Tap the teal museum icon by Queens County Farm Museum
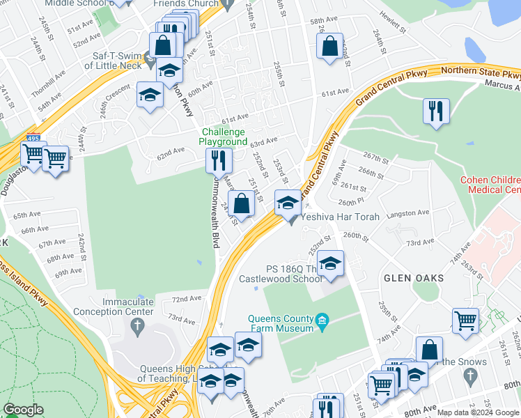pos(321,320)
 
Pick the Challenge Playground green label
pos(224,137)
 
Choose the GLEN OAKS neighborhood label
pos(413,278)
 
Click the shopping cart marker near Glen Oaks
pos(465,322)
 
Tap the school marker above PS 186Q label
pos(330,265)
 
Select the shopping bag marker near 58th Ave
pos(330,47)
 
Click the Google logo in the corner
pos(23,410)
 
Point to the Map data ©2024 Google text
pos(478,412)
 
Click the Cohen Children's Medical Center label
pos(490,185)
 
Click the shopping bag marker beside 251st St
pos(241,205)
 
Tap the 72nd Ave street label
pos(187,299)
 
